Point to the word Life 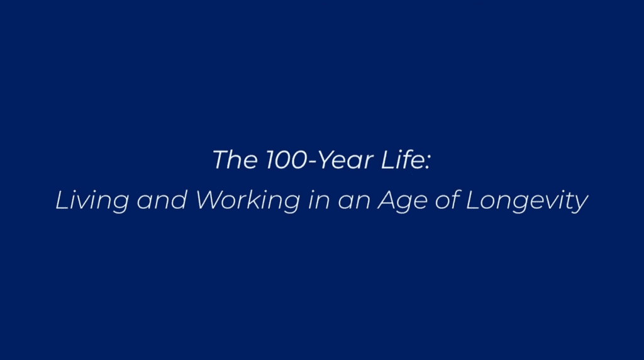coord(402,159)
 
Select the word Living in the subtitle coord(92,201)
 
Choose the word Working coord(248,201)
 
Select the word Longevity coord(527,201)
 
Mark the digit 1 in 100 coord(271,159)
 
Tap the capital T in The coord(221,159)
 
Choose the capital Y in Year coord(328,159)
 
